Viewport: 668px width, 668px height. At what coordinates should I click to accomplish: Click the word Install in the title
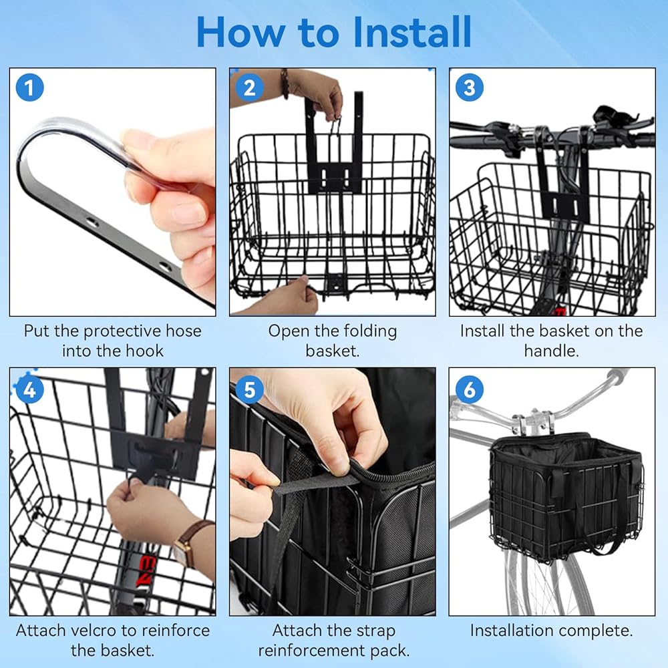tap(412, 32)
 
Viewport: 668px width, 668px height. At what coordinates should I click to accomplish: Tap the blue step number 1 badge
tap(30, 88)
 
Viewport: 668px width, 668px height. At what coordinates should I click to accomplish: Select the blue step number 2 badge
tap(250, 88)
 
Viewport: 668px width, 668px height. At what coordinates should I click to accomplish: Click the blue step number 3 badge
tap(470, 88)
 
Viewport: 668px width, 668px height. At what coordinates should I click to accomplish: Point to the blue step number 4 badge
tap(30, 389)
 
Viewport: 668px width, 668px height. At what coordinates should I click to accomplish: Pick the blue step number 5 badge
tap(250, 389)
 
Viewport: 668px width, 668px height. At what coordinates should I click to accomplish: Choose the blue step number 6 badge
tap(470, 389)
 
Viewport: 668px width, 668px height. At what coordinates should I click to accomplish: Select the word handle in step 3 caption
tap(548, 351)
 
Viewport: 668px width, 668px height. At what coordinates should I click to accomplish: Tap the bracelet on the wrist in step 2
tap(285, 83)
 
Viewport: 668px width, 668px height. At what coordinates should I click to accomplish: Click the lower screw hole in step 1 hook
tap(164, 268)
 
